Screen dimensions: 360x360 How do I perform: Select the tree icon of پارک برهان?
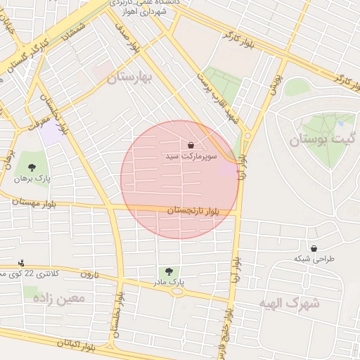32,167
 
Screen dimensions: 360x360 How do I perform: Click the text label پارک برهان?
31,179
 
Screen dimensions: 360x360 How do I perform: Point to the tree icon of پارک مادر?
168,271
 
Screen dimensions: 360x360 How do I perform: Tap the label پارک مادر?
169,282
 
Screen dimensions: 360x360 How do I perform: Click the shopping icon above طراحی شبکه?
313,247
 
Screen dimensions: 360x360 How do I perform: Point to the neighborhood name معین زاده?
59,298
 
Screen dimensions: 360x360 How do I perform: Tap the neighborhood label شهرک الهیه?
288,303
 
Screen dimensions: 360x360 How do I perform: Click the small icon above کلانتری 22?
21,262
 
